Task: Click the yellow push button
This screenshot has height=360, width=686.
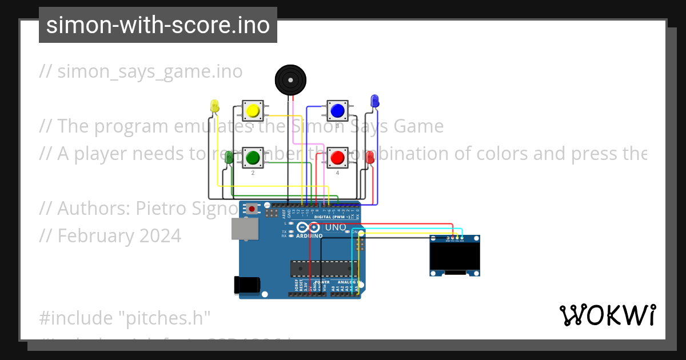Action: [x=253, y=110]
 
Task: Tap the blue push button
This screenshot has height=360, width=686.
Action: [x=337, y=110]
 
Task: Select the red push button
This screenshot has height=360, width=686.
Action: [x=337, y=157]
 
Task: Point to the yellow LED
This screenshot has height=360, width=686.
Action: [x=215, y=106]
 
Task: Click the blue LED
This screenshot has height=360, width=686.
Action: [x=374, y=101]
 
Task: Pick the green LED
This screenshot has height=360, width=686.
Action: [x=229, y=158]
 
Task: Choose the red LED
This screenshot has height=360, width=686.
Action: [x=370, y=157]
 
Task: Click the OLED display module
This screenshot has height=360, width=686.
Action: [x=454, y=255]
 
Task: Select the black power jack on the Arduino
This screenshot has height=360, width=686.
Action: [x=247, y=285]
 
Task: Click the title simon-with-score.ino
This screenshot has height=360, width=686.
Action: [x=158, y=25]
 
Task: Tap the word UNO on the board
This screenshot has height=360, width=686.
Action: [x=336, y=227]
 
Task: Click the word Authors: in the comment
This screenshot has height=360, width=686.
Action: [x=94, y=209]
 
